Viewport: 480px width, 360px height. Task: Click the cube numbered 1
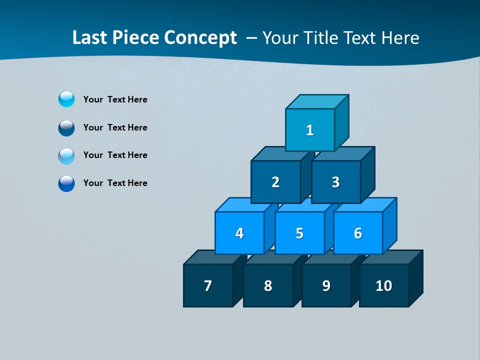tap(310, 130)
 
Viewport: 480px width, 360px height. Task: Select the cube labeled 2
tap(275, 182)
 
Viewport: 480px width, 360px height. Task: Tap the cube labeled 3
tap(335, 182)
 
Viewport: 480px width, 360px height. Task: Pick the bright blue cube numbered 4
tap(239, 233)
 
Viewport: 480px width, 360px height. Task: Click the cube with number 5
tap(299, 233)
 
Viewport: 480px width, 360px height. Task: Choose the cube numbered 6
tap(358, 233)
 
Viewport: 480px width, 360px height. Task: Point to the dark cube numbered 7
tap(208, 285)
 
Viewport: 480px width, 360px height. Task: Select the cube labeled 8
tap(268, 285)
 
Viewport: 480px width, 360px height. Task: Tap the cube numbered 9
tap(326, 285)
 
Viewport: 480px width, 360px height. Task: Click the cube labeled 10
tap(384, 285)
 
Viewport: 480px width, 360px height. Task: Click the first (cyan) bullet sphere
tap(66, 99)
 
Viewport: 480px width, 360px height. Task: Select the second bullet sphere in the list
tap(66, 127)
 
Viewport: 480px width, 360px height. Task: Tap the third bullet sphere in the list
tap(66, 155)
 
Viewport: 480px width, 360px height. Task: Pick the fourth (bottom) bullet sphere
tap(66, 183)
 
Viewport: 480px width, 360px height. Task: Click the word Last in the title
tap(90, 37)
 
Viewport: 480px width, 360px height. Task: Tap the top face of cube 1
tap(317, 101)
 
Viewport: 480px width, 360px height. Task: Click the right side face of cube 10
tap(415, 278)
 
